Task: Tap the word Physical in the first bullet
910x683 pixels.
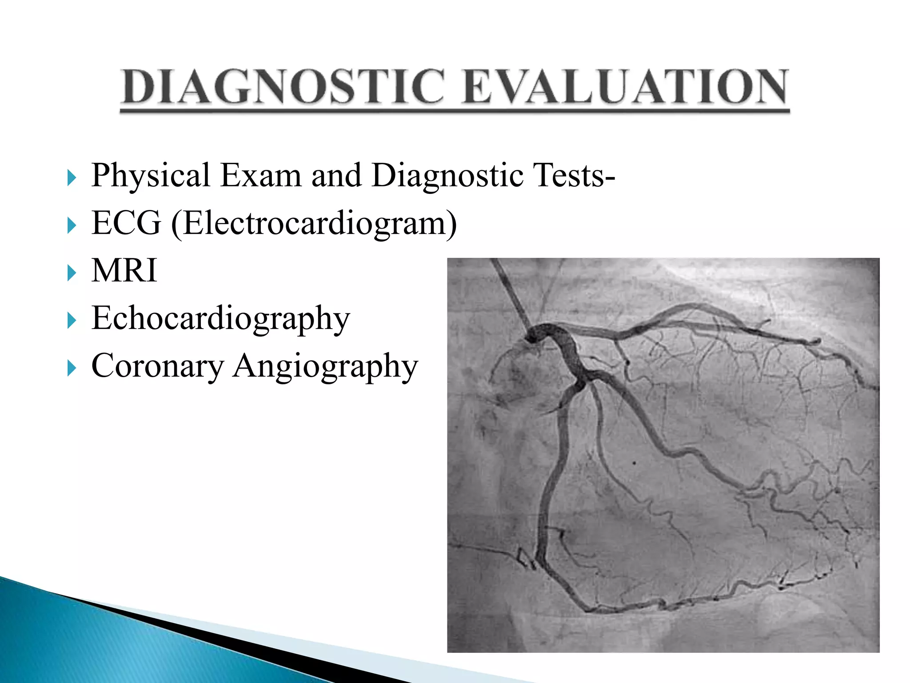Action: click(151, 175)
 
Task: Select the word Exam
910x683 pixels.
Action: click(261, 175)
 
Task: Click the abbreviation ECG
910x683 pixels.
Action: click(127, 223)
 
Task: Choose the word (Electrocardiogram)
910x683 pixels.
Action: click(314, 224)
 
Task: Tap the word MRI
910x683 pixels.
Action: click(124, 270)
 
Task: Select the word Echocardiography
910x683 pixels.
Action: click(221, 319)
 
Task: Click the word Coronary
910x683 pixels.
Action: click(157, 366)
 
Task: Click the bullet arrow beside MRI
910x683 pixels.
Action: click(72, 273)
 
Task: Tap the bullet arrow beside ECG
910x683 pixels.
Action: click(72, 225)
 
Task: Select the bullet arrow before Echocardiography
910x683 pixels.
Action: click(72, 320)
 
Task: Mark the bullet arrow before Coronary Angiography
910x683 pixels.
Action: click(72, 368)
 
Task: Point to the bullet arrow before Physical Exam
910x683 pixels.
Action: click(72, 178)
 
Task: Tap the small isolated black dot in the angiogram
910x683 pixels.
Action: click(634, 463)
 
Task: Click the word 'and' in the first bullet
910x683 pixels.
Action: click(336, 175)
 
